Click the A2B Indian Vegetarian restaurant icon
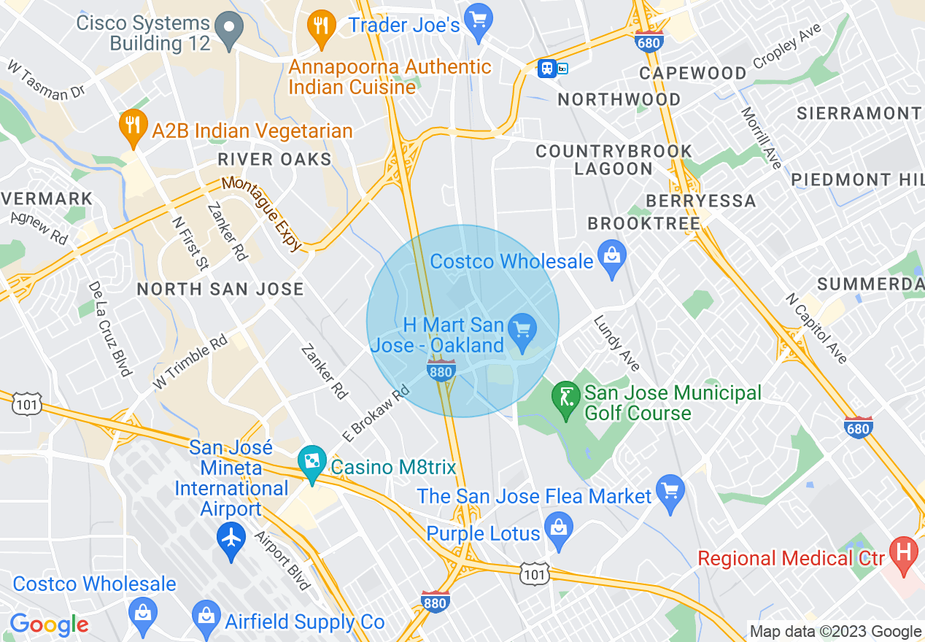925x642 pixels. [131, 128]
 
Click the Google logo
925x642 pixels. [49, 624]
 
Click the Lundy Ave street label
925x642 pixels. [617, 343]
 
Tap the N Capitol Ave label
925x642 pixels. [816, 328]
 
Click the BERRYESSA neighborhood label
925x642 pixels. [700, 201]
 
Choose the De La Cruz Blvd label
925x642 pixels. [109, 328]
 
